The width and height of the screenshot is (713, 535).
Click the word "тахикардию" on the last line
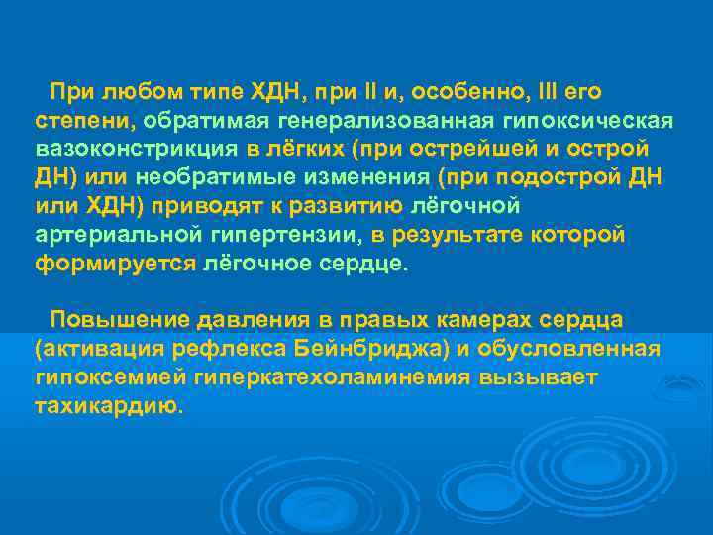pyautogui.click(x=108, y=406)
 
